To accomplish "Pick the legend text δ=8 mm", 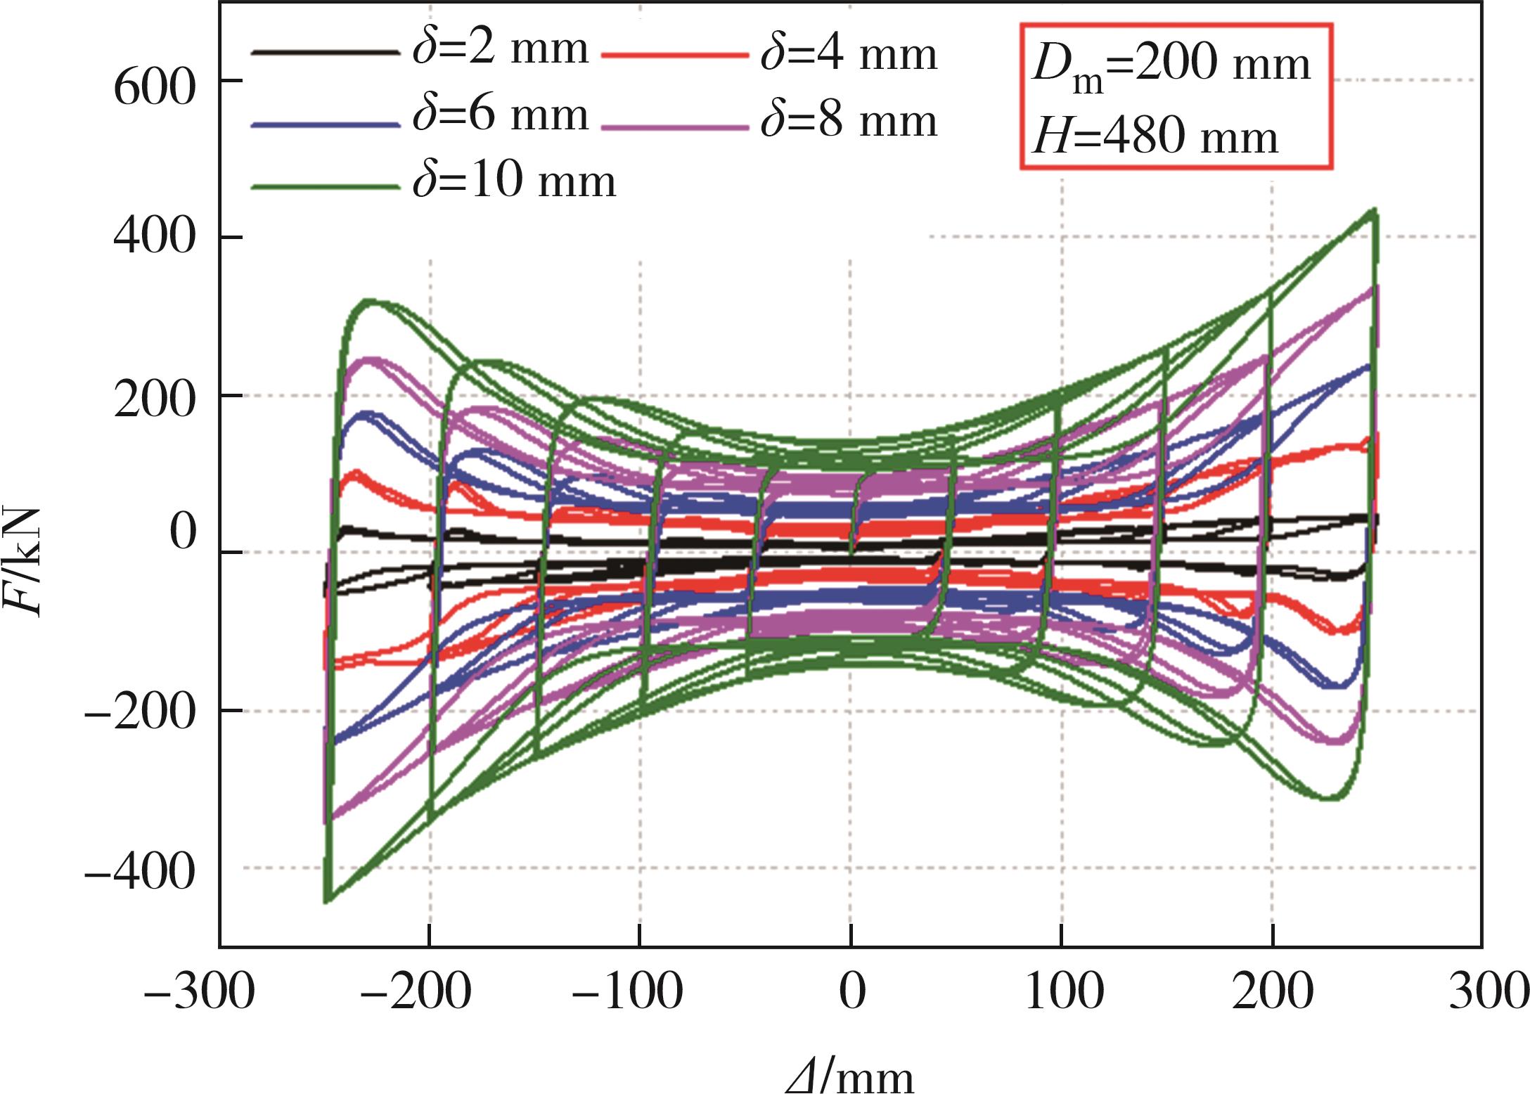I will [849, 121].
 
